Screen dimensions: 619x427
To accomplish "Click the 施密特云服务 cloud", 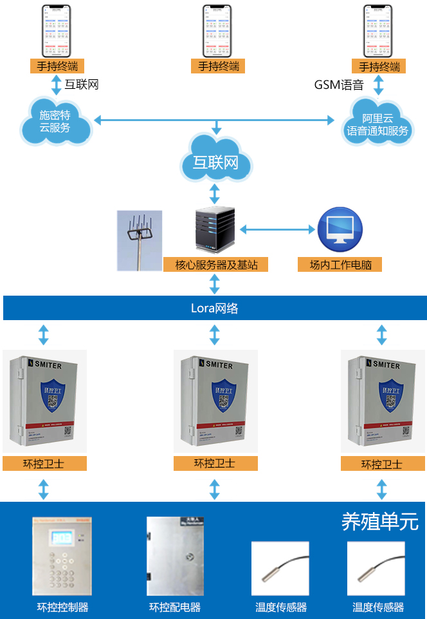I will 55,120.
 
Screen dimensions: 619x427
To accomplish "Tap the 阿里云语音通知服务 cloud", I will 377,123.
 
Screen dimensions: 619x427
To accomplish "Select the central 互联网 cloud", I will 215,160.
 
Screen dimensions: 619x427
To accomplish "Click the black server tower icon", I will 214,231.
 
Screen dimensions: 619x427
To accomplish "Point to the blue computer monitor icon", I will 340,230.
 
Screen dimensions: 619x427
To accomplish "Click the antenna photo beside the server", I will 139,240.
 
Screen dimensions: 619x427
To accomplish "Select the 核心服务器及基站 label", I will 214,264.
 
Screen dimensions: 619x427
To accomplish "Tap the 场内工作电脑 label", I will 340,264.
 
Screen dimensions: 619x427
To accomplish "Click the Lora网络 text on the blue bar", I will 214,308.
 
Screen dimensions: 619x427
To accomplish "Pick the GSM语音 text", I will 339,84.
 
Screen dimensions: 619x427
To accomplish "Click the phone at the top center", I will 216,30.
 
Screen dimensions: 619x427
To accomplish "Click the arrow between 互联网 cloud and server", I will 215,193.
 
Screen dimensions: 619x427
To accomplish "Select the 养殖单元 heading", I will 379,520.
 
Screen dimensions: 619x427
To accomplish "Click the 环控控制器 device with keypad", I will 62,556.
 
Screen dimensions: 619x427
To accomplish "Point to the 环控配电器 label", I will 175,607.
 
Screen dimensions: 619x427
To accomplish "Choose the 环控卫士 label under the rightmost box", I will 382,464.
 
